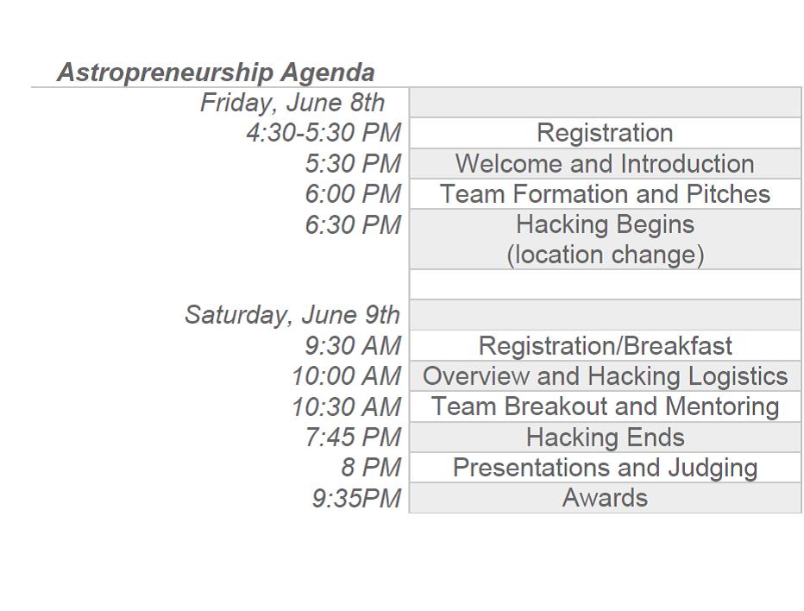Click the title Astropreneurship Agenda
(x=216, y=72)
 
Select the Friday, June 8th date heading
(x=292, y=103)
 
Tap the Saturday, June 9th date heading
(x=292, y=315)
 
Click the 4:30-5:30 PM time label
(x=323, y=133)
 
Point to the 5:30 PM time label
(x=353, y=164)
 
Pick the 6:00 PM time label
(x=353, y=194)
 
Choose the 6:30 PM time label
(x=353, y=224)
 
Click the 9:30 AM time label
(x=353, y=345)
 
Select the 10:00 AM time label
(x=346, y=376)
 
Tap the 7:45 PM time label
(x=353, y=437)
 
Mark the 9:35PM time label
(x=356, y=498)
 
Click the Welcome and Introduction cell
(x=605, y=164)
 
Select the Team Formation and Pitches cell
(x=605, y=194)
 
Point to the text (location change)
(x=605, y=255)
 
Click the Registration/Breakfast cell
(x=605, y=345)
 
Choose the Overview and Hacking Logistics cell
(x=605, y=376)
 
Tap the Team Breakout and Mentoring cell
(x=605, y=406)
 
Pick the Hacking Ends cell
(x=605, y=437)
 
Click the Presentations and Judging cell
(x=605, y=468)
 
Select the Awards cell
(x=605, y=498)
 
